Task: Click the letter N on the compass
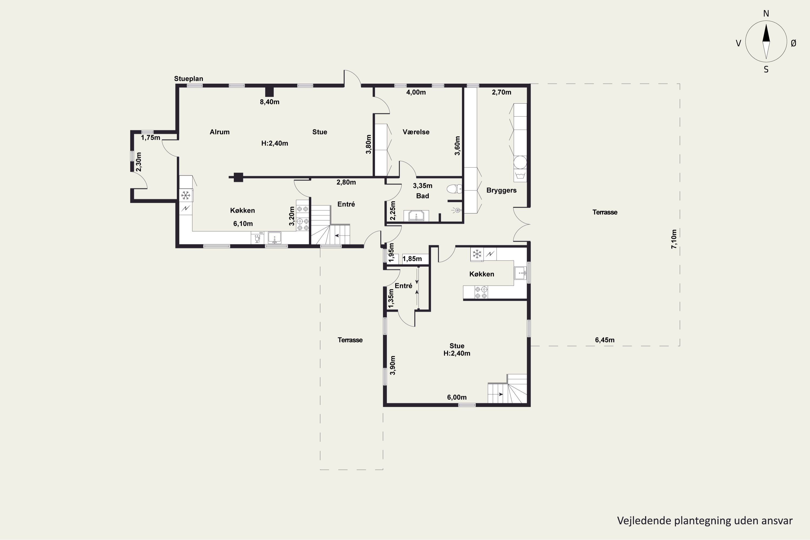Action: tap(766, 13)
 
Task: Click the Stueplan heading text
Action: tap(188, 79)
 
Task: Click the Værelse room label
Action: tap(416, 132)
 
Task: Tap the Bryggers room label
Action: tap(501, 190)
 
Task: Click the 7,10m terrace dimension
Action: tap(674, 239)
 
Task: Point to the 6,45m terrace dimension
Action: tap(605, 340)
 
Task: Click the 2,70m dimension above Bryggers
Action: tap(501, 92)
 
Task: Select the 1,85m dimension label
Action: tap(412, 259)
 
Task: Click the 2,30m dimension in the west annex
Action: tap(139, 162)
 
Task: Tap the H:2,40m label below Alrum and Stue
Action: tap(275, 143)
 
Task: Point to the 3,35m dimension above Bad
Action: tap(422, 186)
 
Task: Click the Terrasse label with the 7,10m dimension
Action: tap(605, 212)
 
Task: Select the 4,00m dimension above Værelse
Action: tap(416, 92)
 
